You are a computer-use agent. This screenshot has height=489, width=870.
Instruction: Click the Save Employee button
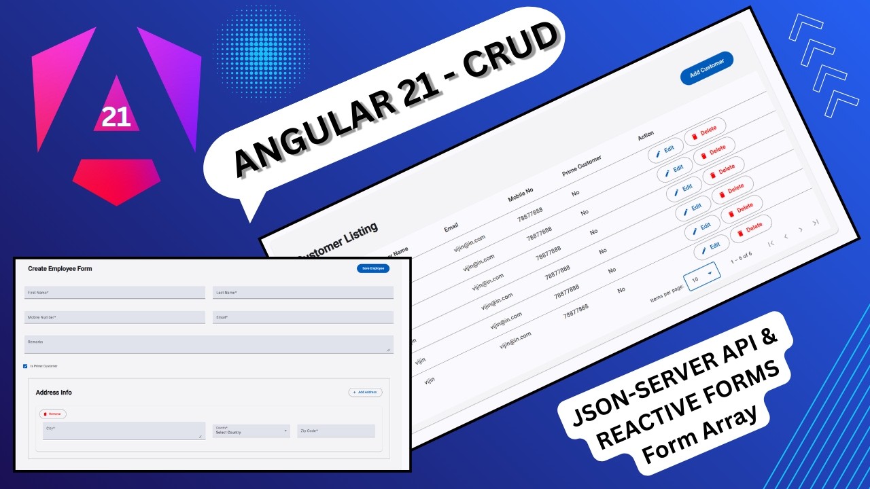pos(373,268)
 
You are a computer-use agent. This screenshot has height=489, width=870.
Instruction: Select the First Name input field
pos(115,292)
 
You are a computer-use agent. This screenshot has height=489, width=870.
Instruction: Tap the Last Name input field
pos(302,292)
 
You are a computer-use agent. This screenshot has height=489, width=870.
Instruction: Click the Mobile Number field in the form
pos(115,317)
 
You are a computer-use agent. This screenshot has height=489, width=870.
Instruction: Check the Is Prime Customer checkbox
pos(25,366)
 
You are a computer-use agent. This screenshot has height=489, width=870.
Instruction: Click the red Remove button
pos(53,414)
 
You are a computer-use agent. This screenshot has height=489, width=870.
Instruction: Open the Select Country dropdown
pos(251,431)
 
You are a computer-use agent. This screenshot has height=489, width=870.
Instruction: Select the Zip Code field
pos(336,431)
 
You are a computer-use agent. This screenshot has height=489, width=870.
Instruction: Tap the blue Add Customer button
pos(707,69)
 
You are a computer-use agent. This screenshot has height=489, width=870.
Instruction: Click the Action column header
pos(646,136)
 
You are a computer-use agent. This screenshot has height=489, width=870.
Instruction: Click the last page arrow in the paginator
pos(816,222)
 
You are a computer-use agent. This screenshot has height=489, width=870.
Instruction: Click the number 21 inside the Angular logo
pos(116,117)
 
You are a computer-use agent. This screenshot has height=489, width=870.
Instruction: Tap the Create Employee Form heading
pos(60,268)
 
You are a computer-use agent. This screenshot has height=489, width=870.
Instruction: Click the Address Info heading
pos(54,393)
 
